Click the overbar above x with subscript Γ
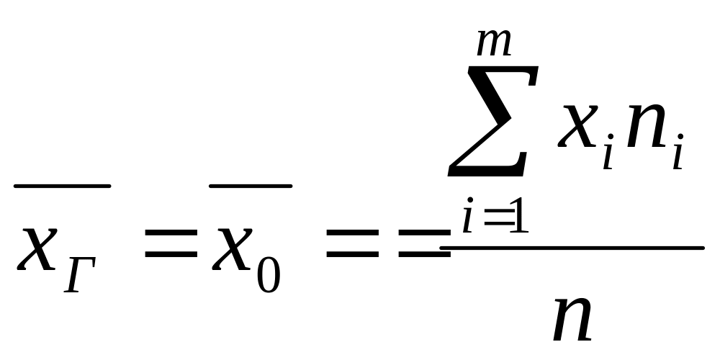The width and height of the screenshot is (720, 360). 62,186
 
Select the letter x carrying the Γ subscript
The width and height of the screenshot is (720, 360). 38,247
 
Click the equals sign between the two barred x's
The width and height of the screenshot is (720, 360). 171,246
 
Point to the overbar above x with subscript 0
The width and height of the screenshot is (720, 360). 250,186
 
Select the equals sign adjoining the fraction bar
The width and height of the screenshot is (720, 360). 420,246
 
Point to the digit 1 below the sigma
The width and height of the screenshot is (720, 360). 519,219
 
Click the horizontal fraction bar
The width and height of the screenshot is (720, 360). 572,248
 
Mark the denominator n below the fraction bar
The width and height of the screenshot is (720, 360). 572,317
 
